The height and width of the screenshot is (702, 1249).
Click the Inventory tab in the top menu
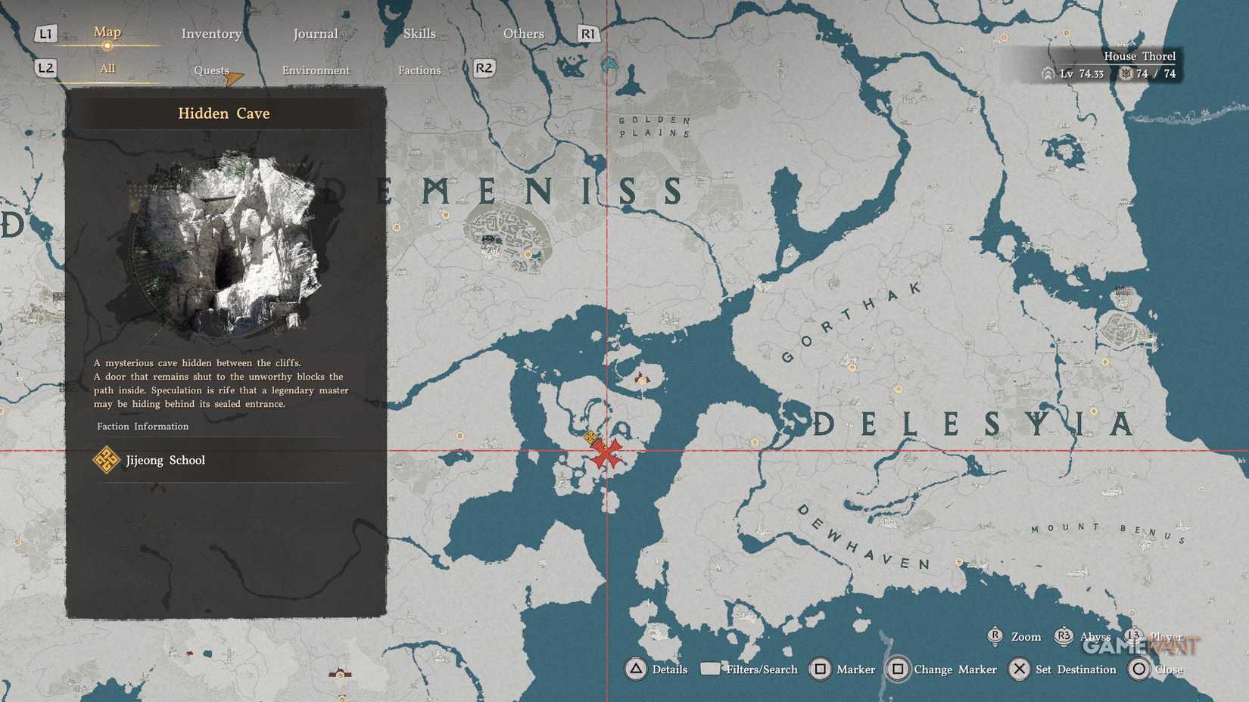211,34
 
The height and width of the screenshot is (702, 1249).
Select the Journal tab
315,34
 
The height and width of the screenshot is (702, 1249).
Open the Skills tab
419,34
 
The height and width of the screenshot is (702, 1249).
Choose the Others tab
523,34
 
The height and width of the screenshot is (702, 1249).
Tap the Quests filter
211,70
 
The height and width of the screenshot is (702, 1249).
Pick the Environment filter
316,70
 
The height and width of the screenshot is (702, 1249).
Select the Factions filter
419,70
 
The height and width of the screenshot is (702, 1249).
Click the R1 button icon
587,34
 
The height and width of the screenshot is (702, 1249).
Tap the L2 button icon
45,68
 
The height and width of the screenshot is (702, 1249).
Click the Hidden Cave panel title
223,113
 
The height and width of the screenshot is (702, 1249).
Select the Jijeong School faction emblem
106,460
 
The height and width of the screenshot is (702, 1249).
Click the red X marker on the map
606,452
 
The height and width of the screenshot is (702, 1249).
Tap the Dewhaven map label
863,538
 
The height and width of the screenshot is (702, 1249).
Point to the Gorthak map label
852,322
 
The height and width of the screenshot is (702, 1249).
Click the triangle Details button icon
636,669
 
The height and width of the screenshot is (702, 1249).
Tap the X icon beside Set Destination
1020,669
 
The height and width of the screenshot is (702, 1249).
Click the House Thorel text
1139,56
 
